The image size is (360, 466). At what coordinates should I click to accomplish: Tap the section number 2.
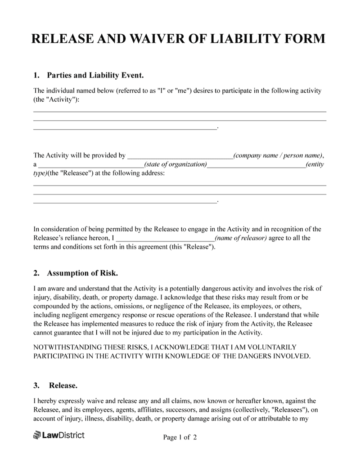pos(36,273)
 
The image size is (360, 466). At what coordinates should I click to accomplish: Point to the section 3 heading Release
pos(63,385)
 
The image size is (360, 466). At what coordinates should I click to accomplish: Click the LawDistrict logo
pos(58,435)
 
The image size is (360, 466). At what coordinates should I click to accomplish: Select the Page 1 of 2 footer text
pos(180,437)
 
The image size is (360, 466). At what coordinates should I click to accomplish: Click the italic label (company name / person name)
pos(278,156)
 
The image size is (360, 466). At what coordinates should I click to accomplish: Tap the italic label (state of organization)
pos(175,164)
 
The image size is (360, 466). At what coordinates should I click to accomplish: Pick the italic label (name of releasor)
pos(241,238)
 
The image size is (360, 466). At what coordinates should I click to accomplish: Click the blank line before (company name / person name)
pos(180,157)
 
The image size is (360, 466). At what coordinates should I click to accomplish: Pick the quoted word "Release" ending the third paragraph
pos(198,247)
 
